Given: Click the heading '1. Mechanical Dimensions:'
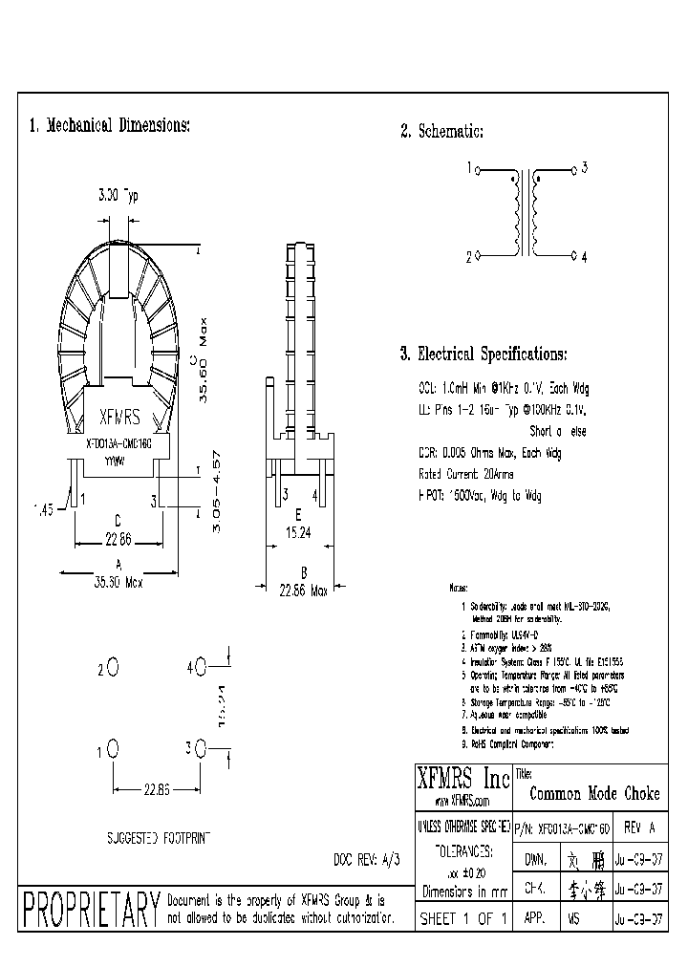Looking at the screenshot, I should (x=109, y=126).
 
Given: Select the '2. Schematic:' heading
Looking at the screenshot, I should (x=441, y=132).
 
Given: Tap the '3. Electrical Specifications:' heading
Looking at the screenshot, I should (x=484, y=355).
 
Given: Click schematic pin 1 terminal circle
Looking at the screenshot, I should (x=478, y=170).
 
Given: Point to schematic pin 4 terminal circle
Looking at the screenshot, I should (x=573, y=257).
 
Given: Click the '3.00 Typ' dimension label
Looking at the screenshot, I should (x=118, y=195).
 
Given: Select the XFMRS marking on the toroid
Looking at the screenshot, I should (x=119, y=418).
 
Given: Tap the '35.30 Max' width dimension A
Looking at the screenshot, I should (x=118, y=579).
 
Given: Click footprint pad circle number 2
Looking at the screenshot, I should (x=113, y=667).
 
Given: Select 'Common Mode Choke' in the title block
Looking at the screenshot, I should (x=593, y=794).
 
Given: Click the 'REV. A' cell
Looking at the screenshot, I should (x=639, y=827).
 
